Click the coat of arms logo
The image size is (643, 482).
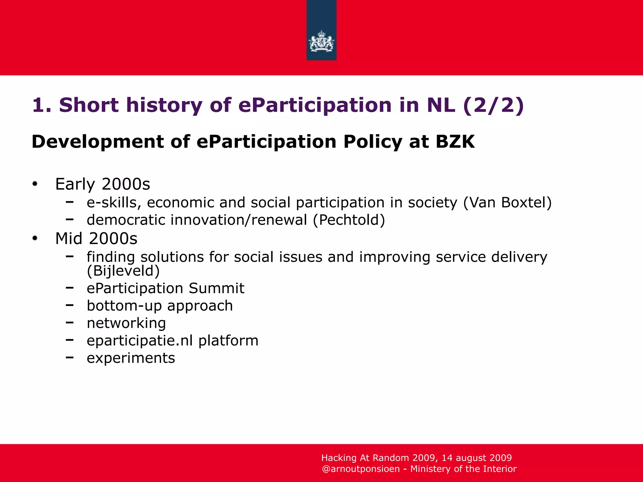[x=321, y=41]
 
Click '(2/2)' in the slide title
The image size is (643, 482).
[x=494, y=105]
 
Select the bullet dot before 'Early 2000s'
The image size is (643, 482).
[x=35, y=184]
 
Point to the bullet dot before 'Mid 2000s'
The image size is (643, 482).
[x=35, y=238]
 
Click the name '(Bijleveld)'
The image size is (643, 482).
[x=123, y=271]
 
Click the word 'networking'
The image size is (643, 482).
[x=126, y=323]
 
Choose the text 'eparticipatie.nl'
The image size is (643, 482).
[x=140, y=341]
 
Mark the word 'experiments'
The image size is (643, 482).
[x=131, y=358]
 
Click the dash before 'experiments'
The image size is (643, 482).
[x=70, y=357]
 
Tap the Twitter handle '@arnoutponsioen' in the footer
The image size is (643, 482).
[x=361, y=469]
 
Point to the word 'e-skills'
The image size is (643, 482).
[x=112, y=203]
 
